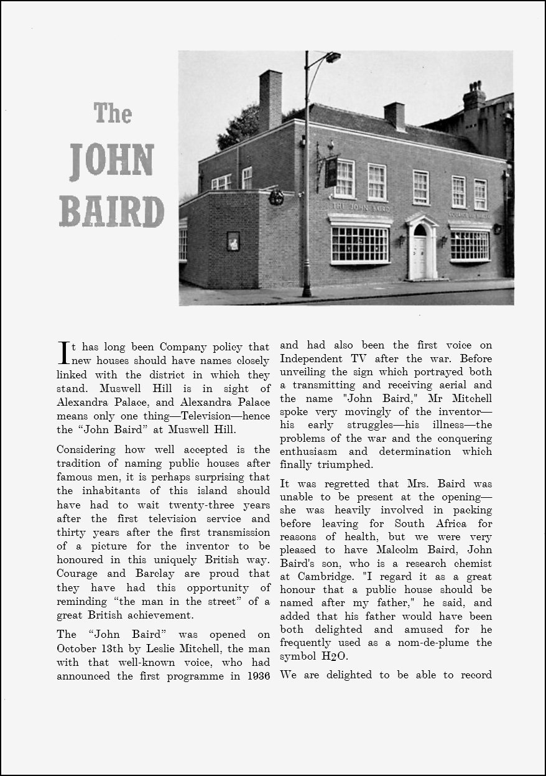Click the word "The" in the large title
[113, 113]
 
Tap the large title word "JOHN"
[112, 162]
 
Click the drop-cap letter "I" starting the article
[63, 352]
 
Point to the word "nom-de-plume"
[435, 643]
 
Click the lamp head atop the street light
[333, 57]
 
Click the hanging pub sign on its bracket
[331, 172]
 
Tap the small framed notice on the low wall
[233, 240]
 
